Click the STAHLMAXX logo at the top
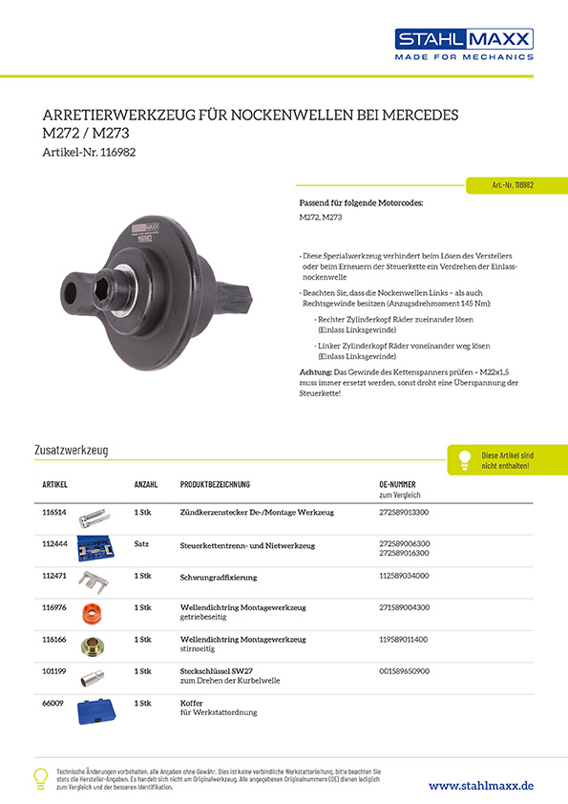(464, 43)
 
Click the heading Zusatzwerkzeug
(71, 449)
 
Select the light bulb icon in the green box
(465, 459)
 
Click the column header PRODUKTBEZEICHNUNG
(215, 485)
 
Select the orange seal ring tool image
(93, 612)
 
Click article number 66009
(52, 703)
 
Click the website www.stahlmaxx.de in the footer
(480, 785)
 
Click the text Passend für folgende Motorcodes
(362, 203)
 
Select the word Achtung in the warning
(317, 370)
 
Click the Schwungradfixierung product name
(219, 577)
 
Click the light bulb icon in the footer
(40, 777)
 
